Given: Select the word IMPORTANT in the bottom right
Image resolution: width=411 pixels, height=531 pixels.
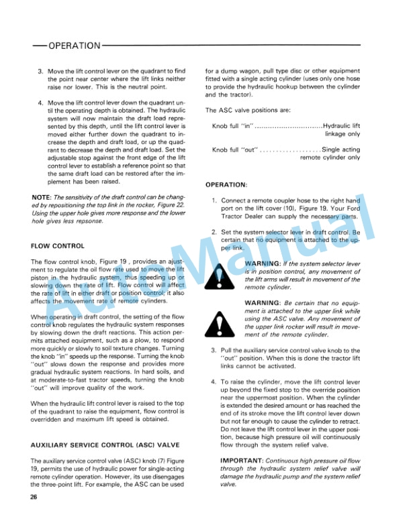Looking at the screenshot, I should click(x=242, y=461).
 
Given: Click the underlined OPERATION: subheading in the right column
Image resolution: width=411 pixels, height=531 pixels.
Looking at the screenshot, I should click(x=226, y=184).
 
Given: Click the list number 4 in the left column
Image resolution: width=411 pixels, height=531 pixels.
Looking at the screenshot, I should click(x=40, y=103).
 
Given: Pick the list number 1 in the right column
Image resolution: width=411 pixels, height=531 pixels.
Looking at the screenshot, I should click(x=214, y=200).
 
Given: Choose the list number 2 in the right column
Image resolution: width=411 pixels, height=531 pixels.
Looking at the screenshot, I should click(x=214, y=232).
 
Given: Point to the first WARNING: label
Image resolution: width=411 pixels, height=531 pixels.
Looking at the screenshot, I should click(x=263, y=263).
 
